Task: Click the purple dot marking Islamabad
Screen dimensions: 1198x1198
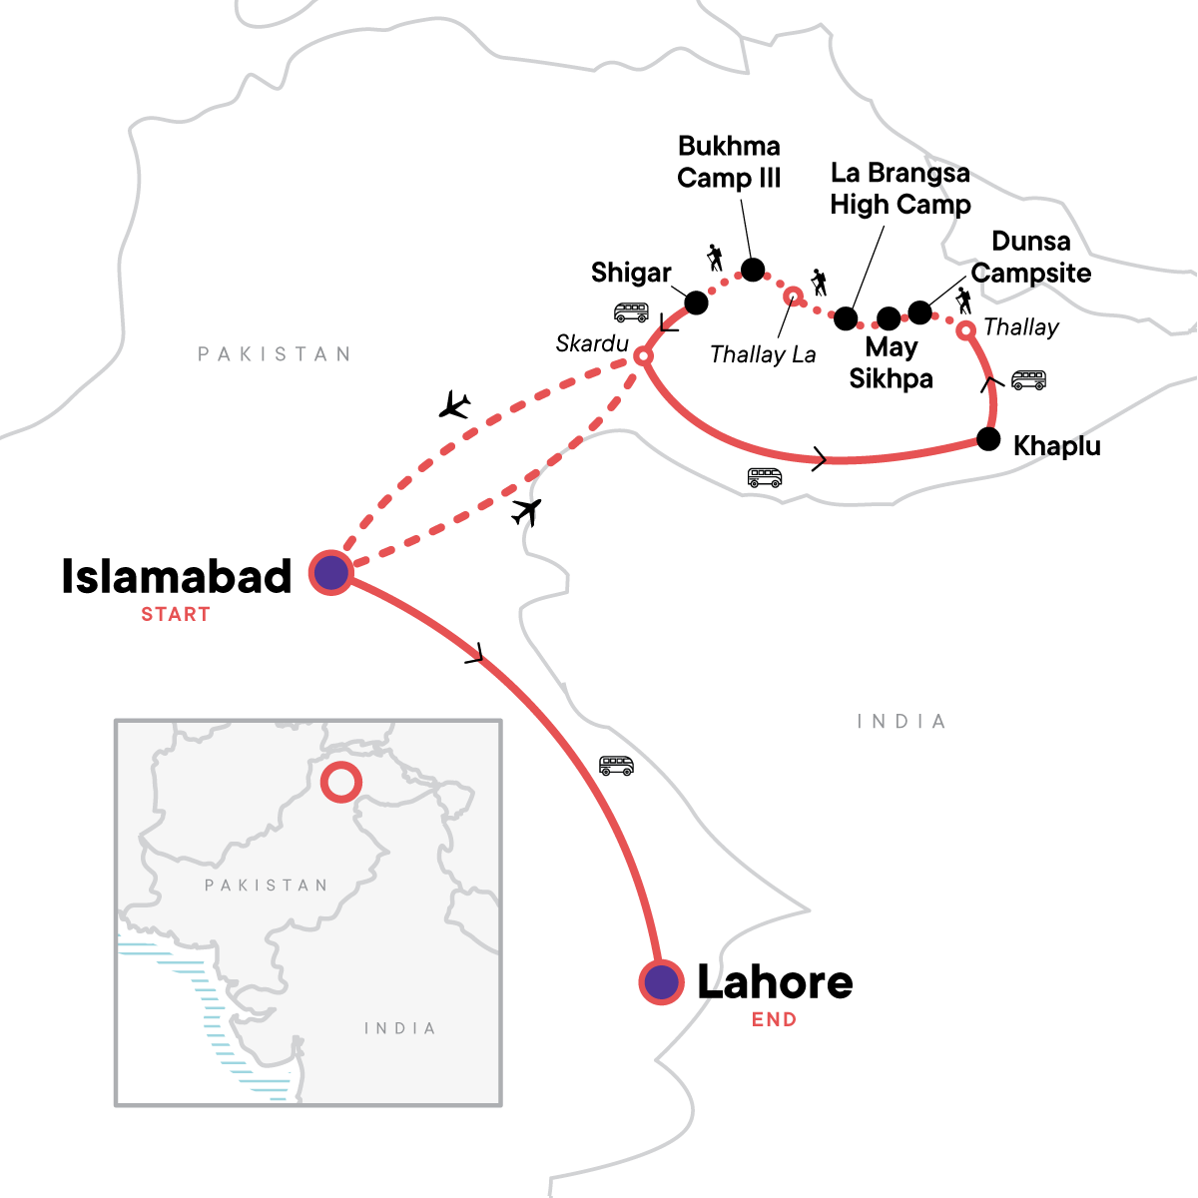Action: (x=330, y=573)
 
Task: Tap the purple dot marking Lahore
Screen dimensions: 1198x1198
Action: (x=660, y=982)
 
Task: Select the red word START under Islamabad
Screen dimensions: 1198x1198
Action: (x=176, y=615)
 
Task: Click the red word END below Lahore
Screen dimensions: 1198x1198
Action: (x=775, y=1020)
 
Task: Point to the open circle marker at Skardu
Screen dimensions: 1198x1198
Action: (x=644, y=355)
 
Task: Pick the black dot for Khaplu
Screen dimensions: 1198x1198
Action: (x=988, y=439)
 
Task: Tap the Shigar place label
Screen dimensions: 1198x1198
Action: (x=631, y=273)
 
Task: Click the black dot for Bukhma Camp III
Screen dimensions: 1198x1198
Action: (x=753, y=270)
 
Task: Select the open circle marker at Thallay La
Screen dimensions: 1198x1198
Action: (x=793, y=296)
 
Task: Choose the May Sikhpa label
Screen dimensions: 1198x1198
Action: (x=892, y=363)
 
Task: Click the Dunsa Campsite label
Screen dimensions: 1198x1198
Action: (x=1031, y=258)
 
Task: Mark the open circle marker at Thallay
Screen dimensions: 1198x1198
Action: (x=965, y=329)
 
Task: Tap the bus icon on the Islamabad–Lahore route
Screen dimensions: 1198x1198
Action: (x=616, y=766)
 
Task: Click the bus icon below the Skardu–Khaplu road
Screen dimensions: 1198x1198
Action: (x=765, y=477)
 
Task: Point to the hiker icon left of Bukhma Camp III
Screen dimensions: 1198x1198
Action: (x=714, y=258)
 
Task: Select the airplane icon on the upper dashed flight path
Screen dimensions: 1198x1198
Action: (x=455, y=404)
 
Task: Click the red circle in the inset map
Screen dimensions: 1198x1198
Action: (x=340, y=782)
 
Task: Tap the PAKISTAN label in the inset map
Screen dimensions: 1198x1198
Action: (x=266, y=886)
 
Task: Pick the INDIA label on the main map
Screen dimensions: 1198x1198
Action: (x=901, y=722)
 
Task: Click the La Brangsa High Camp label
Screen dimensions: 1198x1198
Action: (x=900, y=189)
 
